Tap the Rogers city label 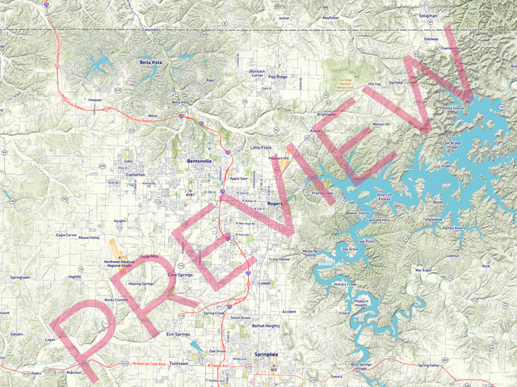pos(274,204)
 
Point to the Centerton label pos(135,175)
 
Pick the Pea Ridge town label pos(278,77)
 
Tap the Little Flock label pos(261,148)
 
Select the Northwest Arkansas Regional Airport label pos(124,264)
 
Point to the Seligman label pos(428,15)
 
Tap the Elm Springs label pos(181,334)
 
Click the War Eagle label pos(423,270)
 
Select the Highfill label pos(75,276)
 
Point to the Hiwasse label pos(95,101)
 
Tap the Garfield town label pos(396,82)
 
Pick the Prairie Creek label pos(322,192)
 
